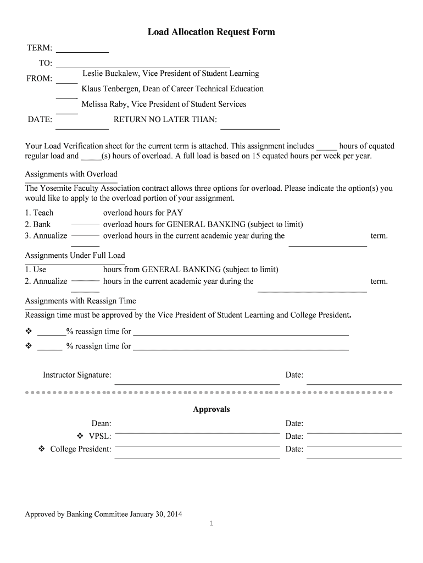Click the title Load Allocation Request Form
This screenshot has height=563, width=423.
211,32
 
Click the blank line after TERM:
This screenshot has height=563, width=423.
82,51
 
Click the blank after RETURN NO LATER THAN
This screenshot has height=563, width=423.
250,128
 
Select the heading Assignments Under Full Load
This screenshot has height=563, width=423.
75,256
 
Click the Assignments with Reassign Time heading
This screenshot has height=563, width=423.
81,301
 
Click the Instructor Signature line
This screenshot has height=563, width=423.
197,383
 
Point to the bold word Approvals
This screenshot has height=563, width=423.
211,410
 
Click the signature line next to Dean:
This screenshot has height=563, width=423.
197,432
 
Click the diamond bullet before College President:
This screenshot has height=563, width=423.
41,449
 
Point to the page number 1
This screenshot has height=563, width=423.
211,523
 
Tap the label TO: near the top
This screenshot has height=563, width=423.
45,64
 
